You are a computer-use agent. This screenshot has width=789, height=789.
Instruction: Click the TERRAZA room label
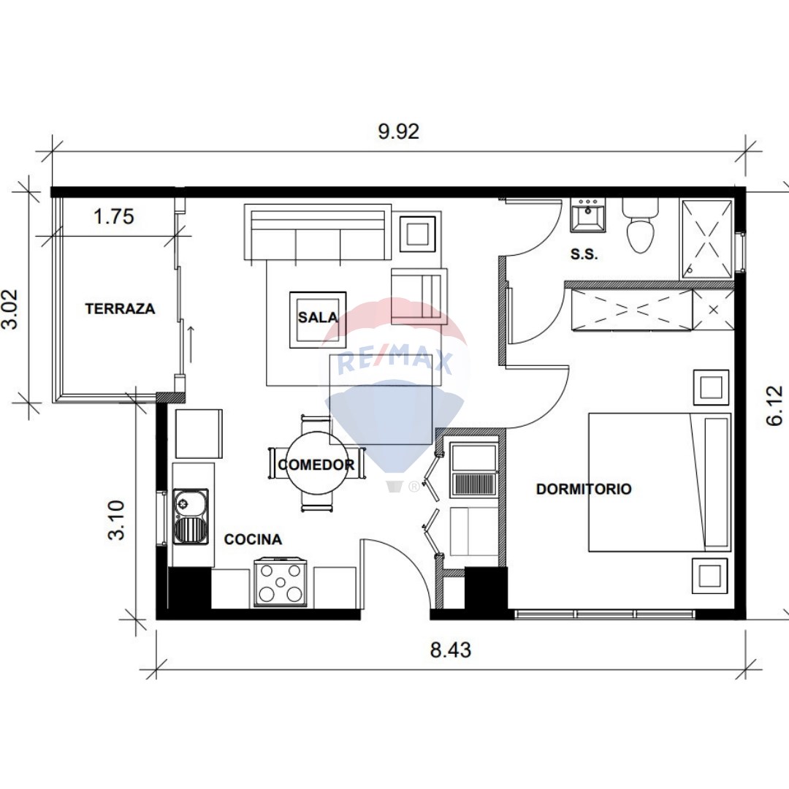pos(120,308)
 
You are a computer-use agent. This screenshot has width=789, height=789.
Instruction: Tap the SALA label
pos(318,317)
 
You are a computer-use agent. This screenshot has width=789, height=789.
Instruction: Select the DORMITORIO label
pos(584,489)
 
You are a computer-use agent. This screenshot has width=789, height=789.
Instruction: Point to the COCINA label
pos(253,539)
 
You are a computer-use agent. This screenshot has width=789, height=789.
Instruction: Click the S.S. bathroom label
pos(584,255)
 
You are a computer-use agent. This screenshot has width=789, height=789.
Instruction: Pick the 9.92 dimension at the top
pos(399,131)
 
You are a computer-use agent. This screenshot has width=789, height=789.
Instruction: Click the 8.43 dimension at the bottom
pos(450,649)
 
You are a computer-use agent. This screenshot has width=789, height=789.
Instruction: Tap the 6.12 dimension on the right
pos(775,405)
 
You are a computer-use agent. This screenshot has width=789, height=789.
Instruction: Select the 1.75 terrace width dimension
pos(114,216)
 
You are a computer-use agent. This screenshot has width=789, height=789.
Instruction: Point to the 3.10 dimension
pos(116,520)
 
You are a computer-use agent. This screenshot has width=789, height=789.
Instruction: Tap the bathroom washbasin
pos(587,215)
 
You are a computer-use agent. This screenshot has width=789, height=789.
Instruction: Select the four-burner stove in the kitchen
pos(281,582)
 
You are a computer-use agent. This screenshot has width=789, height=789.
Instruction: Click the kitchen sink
pos(191,516)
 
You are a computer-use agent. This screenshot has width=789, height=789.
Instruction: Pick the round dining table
pos(316,462)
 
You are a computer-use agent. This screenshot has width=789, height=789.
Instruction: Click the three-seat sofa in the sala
pos(318,232)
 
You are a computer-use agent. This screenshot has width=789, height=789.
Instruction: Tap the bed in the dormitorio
pos(660,482)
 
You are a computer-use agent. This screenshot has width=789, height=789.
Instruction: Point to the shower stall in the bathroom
pos(707,239)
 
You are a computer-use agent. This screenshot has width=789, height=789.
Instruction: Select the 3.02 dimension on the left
pos(9,309)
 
